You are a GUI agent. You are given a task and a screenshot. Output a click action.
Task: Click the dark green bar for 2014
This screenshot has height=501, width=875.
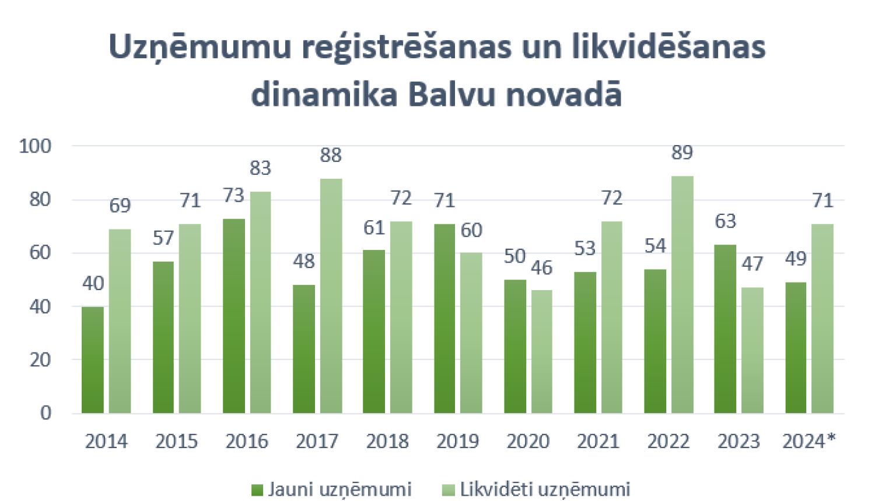(93, 360)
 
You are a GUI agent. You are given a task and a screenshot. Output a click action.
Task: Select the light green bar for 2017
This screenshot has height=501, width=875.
(331, 296)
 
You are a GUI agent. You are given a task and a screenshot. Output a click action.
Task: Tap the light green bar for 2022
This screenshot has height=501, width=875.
(682, 295)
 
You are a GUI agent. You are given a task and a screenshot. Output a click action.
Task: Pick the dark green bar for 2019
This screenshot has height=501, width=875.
(444, 319)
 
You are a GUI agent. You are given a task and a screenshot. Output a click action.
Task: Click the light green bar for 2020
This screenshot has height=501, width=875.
(541, 352)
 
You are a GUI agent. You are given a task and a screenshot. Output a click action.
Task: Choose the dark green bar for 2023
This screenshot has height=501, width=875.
(725, 329)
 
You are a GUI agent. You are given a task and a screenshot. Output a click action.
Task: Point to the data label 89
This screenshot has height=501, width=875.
(682, 153)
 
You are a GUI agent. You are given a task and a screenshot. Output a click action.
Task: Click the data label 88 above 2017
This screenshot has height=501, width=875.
(331, 156)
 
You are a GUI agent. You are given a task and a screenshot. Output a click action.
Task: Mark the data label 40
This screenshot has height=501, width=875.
(93, 284)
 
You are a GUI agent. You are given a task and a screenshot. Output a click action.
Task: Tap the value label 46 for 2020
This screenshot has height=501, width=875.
(541, 268)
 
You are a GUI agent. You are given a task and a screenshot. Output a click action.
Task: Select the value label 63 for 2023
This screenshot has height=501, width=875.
(725, 221)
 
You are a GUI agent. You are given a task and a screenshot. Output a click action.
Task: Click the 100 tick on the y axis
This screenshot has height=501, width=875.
(35, 146)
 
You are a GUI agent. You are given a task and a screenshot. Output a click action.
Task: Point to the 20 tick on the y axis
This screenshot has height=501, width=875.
(40, 360)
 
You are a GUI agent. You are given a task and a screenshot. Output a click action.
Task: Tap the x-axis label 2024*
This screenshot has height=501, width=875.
(808, 442)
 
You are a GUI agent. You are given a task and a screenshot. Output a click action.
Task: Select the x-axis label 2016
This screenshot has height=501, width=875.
(247, 442)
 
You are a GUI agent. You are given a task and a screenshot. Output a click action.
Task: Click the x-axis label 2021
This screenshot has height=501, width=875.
(598, 442)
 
